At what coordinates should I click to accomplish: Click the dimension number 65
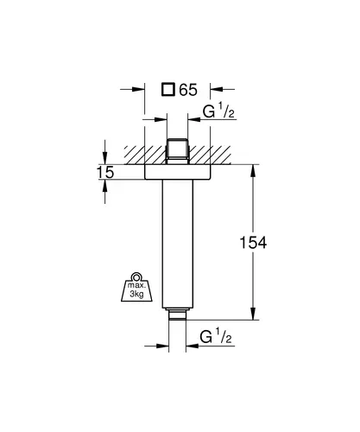click(188, 90)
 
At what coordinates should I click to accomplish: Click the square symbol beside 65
click(168, 89)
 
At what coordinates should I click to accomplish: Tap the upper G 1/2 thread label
click(218, 111)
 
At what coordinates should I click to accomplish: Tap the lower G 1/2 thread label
click(216, 336)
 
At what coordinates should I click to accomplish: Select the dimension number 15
click(105, 172)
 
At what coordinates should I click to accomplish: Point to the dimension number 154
click(253, 243)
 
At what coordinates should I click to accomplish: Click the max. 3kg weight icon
click(136, 287)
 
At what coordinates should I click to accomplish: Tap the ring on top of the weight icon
click(136, 276)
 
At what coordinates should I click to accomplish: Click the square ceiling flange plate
click(177, 172)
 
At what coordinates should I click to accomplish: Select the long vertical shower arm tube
click(177, 244)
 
